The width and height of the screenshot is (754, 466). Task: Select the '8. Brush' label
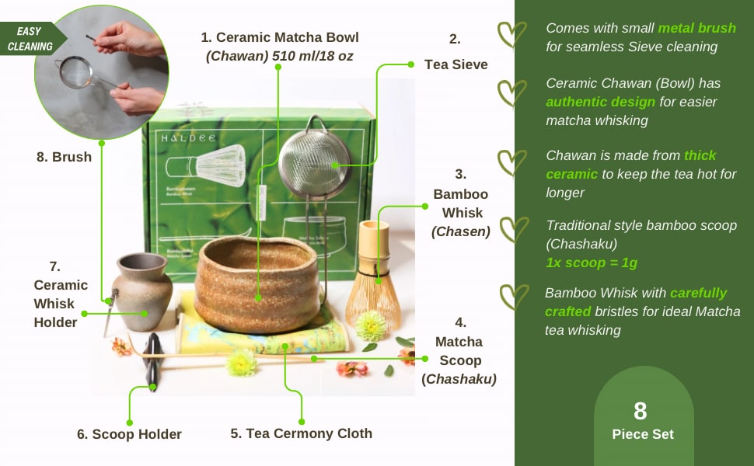(x=64, y=157)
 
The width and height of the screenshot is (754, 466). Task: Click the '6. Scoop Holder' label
(x=129, y=434)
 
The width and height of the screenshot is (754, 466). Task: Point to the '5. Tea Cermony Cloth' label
(x=301, y=433)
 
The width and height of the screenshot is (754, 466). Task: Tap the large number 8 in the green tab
(x=640, y=411)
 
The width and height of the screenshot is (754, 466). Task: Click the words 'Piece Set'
(x=641, y=434)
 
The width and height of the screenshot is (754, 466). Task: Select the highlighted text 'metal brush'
(x=696, y=28)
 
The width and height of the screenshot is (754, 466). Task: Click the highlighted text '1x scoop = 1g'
(x=592, y=263)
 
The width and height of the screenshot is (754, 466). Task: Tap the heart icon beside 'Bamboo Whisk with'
(x=512, y=297)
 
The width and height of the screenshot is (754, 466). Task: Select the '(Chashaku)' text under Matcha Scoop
(x=459, y=379)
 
